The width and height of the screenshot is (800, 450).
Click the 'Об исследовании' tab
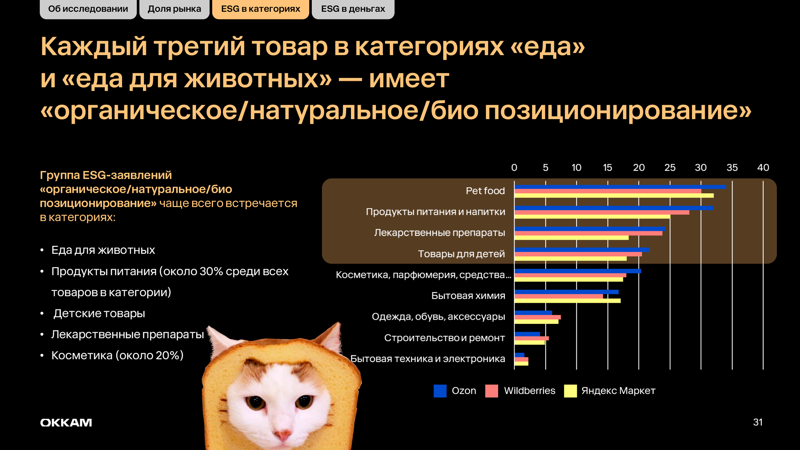click(88, 9)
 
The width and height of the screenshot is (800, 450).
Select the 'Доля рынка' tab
click(174, 9)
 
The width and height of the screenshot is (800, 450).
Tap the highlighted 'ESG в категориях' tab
click(261, 9)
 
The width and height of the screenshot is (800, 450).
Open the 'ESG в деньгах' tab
click(353, 9)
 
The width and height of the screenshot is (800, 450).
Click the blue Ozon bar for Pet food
click(620, 187)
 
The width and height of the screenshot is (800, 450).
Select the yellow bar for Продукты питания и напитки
click(592, 217)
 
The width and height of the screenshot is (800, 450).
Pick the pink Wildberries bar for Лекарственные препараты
click(588, 233)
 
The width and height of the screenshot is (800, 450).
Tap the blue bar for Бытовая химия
click(567, 292)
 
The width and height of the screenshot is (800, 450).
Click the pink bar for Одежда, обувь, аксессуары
click(538, 317)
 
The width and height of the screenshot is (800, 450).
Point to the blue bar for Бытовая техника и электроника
click(519, 355)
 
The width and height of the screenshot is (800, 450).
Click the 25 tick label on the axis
click(670, 168)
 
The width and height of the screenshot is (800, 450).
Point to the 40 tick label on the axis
click(763, 168)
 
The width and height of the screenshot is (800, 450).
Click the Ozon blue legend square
click(440, 391)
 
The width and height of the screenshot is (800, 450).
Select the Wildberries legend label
click(530, 391)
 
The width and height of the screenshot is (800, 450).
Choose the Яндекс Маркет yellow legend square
click(570, 391)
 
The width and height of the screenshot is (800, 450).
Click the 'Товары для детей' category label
click(462, 254)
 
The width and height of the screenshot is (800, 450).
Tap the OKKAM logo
click(66, 423)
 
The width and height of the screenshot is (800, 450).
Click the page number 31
click(758, 422)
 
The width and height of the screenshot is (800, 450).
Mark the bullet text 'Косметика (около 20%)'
click(117, 356)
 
